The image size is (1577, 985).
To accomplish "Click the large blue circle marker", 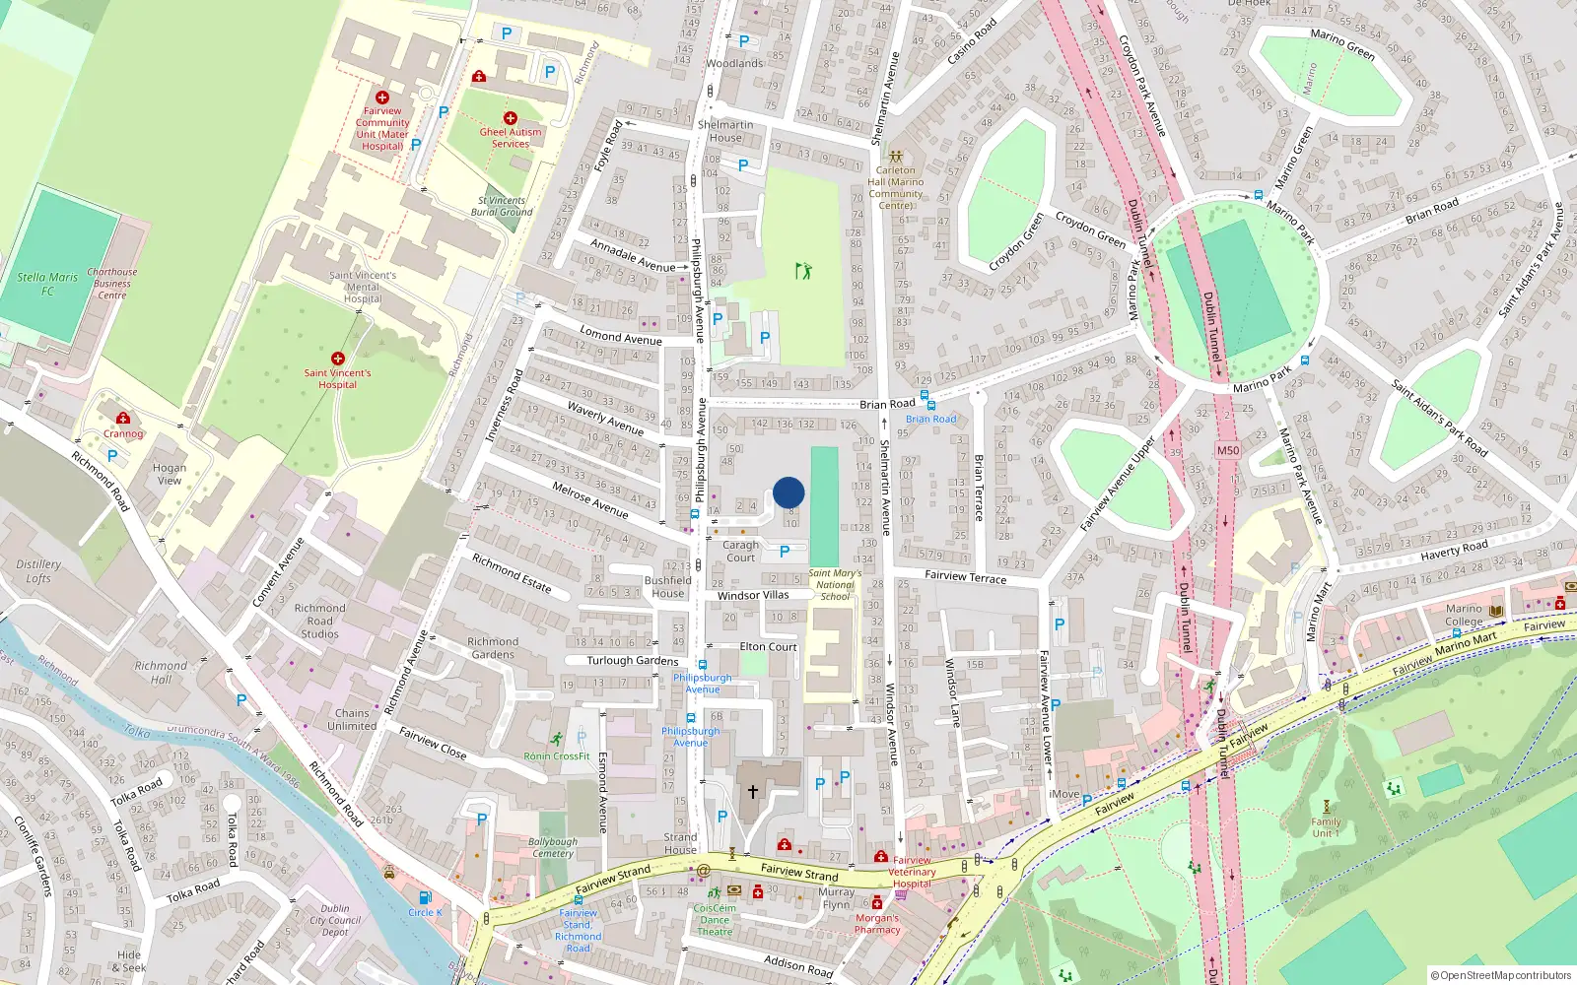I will (x=788, y=492).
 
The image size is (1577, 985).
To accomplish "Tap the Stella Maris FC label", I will (x=47, y=284).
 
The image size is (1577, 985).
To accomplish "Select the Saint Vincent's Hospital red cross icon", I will (x=338, y=359).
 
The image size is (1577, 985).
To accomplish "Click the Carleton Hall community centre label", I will (x=895, y=187).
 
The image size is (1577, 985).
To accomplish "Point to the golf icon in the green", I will (x=803, y=270).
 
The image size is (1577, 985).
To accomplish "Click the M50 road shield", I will (x=1227, y=450).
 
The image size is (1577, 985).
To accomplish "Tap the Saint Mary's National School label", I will (x=835, y=584).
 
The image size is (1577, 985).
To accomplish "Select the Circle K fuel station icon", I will (x=425, y=897).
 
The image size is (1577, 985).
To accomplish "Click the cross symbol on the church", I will (x=753, y=792).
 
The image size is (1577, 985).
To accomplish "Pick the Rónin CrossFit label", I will (x=557, y=756).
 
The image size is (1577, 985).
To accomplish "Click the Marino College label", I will (x=1464, y=615).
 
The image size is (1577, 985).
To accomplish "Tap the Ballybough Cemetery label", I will (x=553, y=847).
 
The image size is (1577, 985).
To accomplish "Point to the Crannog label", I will (x=123, y=433).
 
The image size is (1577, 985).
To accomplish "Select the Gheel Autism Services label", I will (x=511, y=138).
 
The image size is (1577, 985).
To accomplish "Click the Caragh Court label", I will (x=740, y=551).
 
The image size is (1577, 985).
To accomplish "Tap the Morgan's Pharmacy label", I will (x=877, y=924).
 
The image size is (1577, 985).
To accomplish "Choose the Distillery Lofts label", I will (x=38, y=571).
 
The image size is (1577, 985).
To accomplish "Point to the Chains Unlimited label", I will (x=352, y=719).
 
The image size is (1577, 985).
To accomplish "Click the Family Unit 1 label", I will (x=1326, y=827).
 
